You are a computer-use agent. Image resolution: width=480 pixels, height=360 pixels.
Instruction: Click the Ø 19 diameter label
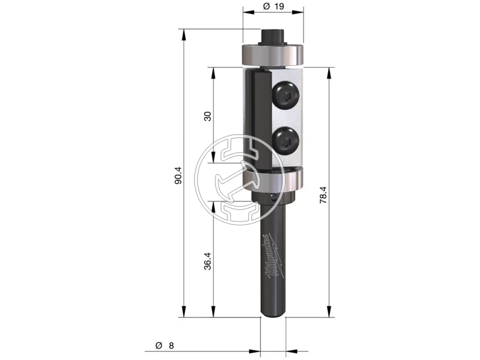pos(274,6)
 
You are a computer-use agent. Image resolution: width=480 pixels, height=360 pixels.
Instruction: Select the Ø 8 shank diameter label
pos(164,346)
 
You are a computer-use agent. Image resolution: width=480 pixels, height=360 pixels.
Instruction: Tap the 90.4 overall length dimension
pos(178,175)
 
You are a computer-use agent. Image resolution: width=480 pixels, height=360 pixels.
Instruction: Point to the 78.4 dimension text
pos(323,196)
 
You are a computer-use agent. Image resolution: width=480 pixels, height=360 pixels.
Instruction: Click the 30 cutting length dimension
pos(208,116)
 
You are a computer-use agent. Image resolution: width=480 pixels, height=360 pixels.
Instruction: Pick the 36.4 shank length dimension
pos(208,261)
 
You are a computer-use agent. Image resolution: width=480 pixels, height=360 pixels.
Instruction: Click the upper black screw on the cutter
pos(286,95)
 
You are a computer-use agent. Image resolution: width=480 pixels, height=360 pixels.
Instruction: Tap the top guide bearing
pos(273,55)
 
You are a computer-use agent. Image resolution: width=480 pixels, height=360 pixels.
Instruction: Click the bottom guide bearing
pos(273,181)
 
